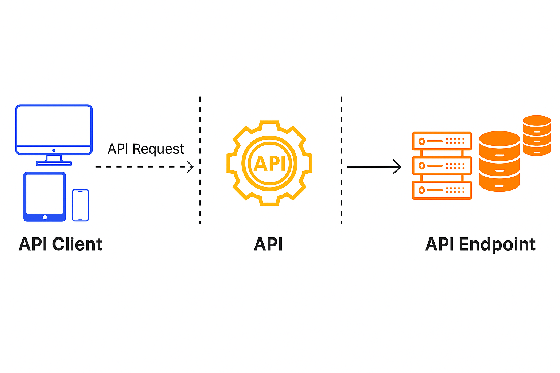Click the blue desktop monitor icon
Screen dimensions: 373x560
point(54,130)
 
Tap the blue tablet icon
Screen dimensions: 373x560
point(44,196)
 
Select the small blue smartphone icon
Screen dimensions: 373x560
point(80,205)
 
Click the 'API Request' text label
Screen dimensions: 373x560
point(146,149)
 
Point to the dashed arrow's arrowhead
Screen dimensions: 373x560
point(191,167)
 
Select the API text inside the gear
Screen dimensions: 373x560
point(269,164)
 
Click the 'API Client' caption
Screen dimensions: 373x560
point(61,244)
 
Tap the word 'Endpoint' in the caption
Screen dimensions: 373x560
point(497,244)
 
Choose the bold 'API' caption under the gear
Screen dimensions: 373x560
point(268,244)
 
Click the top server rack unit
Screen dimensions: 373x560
point(442,141)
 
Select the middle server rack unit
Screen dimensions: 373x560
point(442,166)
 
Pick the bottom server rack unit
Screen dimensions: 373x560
point(442,190)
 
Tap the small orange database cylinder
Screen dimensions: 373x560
point(536,135)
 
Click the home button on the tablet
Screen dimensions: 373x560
point(45,217)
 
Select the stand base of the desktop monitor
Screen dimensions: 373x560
point(54,164)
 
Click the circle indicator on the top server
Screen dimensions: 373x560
point(422,141)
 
